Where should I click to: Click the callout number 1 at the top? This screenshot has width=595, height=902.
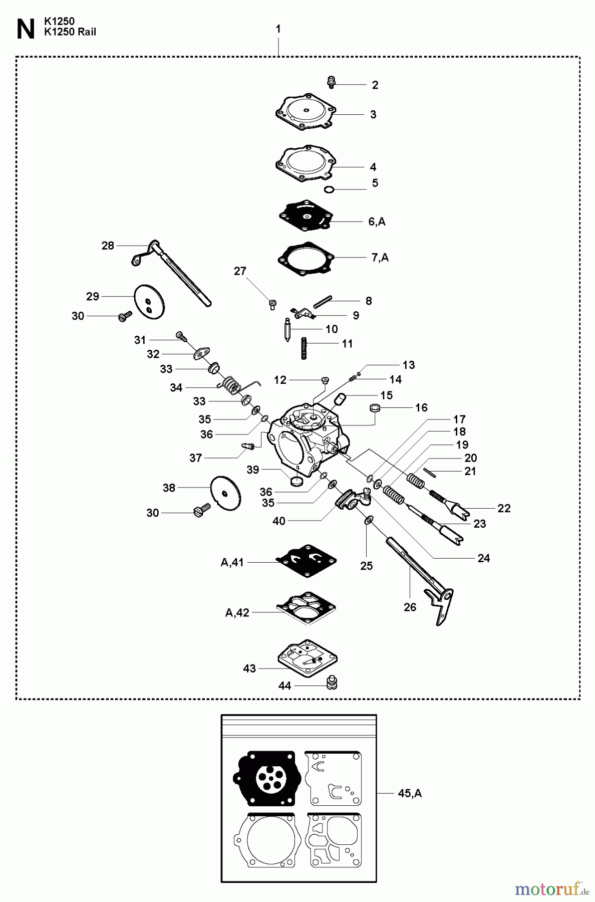point(278,30)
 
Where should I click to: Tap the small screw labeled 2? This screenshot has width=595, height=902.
point(331,82)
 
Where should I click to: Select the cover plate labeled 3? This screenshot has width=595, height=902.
point(305,112)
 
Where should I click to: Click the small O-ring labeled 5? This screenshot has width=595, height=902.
point(329,189)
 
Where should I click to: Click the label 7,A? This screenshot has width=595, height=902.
point(380,258)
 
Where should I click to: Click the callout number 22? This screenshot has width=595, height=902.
point(504,508)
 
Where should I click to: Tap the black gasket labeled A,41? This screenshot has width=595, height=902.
point(306,561)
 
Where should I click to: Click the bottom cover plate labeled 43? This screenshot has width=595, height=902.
point(307,658)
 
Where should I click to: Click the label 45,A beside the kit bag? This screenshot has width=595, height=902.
point(410,793)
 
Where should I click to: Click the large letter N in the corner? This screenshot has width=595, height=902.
point(25,30)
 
